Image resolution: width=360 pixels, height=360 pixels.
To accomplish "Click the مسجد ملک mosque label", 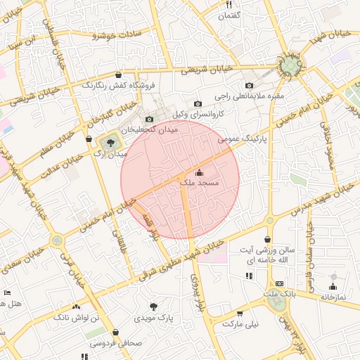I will [x=200, y=183].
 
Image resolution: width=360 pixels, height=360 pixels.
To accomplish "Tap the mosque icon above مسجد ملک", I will [x=198, y=172].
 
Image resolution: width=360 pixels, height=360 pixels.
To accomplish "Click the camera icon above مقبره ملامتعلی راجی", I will [x=250, y=86].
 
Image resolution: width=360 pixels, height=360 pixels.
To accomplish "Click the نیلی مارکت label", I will [x=241, y=324].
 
